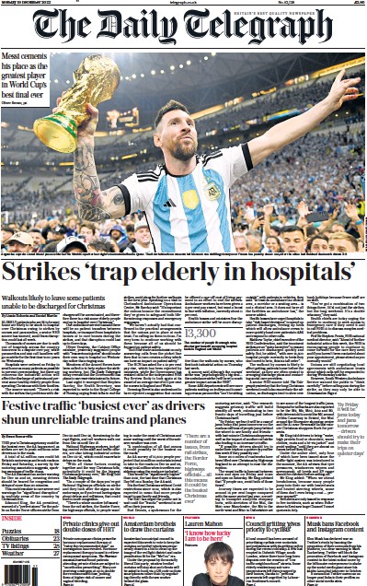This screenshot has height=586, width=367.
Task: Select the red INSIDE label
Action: coord(17,523)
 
